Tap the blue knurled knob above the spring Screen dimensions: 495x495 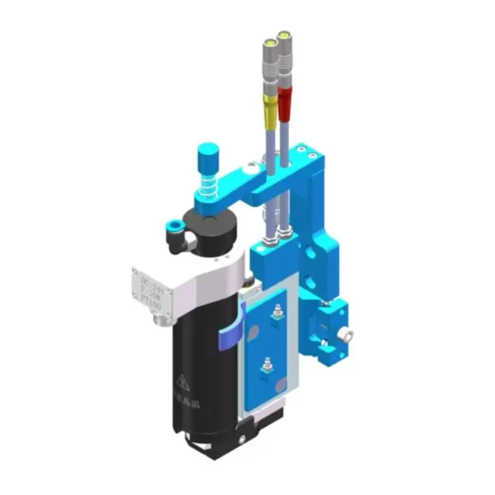(207, 155)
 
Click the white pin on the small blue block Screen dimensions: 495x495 (349, 335)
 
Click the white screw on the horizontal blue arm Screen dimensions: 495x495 (251, 167)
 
